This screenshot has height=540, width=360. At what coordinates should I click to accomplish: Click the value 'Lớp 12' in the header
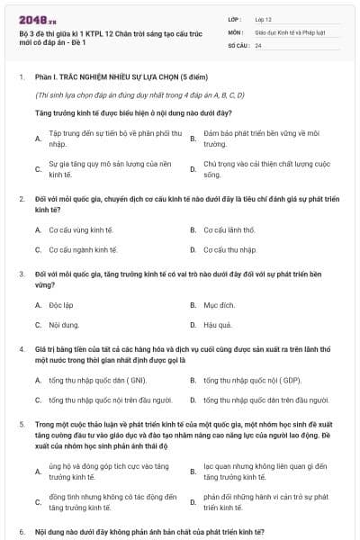(x=265, y=19)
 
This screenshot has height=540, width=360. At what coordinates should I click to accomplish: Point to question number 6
(x=21, y=532)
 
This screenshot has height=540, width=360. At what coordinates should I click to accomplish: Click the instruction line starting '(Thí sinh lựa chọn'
(x=139, y=94)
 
